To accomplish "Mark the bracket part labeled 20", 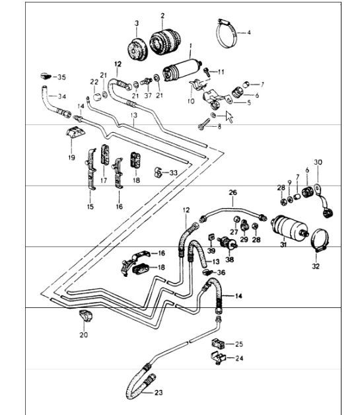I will pos(85,315).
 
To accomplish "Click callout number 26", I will pos(233,193).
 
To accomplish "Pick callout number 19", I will pos(71,158).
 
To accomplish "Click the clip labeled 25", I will pos(217,343).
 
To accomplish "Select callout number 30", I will pos(318,162).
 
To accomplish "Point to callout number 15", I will pos(89,207).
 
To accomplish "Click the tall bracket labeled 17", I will pos(104,159).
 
